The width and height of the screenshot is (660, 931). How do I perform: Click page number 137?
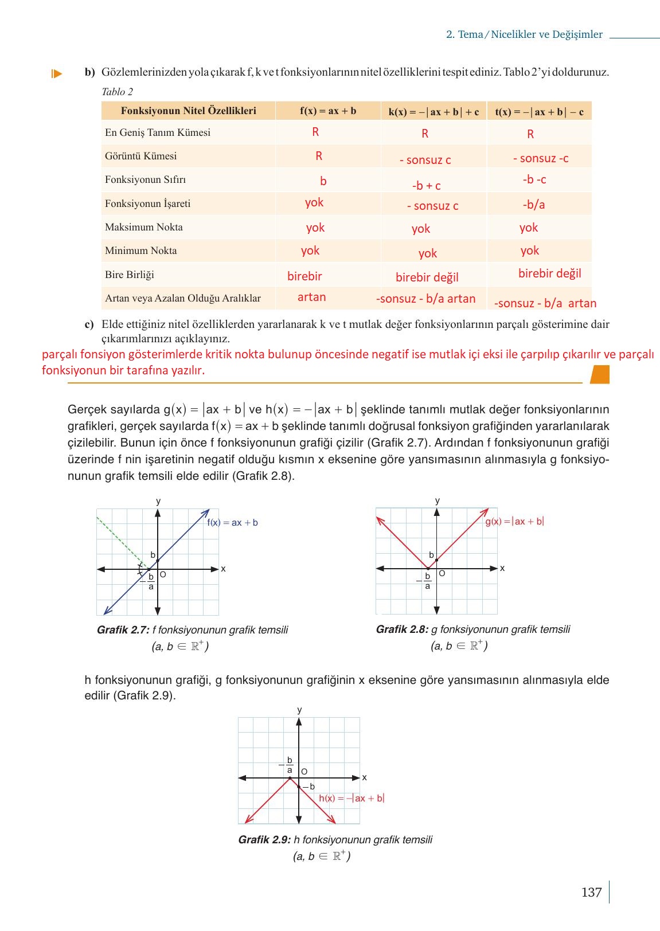[591, 893]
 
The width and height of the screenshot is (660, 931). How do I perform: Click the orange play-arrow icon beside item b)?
[56, 73]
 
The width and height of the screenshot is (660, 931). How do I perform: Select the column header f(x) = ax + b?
[328, 111]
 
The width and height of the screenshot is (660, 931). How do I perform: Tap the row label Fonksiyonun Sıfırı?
[145, 179]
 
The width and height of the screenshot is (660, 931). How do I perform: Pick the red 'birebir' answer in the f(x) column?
[304, 276]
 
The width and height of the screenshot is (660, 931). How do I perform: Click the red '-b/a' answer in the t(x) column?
[533, 205]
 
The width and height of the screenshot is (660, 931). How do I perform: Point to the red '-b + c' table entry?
[426, 186]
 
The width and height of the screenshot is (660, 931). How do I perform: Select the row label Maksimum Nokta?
[143, 227]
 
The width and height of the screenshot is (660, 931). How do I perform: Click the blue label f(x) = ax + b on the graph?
[232, 523]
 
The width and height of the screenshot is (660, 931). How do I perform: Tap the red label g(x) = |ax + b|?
[514, 522]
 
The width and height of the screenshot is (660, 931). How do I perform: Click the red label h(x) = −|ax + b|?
[351, 799]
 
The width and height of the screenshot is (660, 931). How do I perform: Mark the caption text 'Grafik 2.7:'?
[123, 630]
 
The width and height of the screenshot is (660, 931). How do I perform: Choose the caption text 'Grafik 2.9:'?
[264, 840]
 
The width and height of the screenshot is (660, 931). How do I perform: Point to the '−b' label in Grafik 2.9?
[309, 787]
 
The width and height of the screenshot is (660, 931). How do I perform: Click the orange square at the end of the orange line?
[600, 374]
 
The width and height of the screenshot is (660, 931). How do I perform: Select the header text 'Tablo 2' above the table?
[117, 92]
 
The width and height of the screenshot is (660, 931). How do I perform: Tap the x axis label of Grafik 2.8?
[502, 568]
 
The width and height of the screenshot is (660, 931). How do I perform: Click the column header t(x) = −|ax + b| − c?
[539, 112]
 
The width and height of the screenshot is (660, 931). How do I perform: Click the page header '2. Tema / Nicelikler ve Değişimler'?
[524, 34]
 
